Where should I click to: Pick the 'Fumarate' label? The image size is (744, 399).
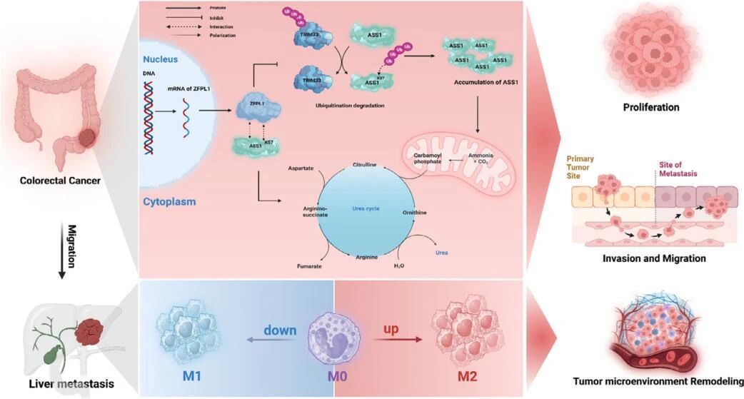(309, 266)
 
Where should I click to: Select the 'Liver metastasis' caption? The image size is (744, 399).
(71, 385)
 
